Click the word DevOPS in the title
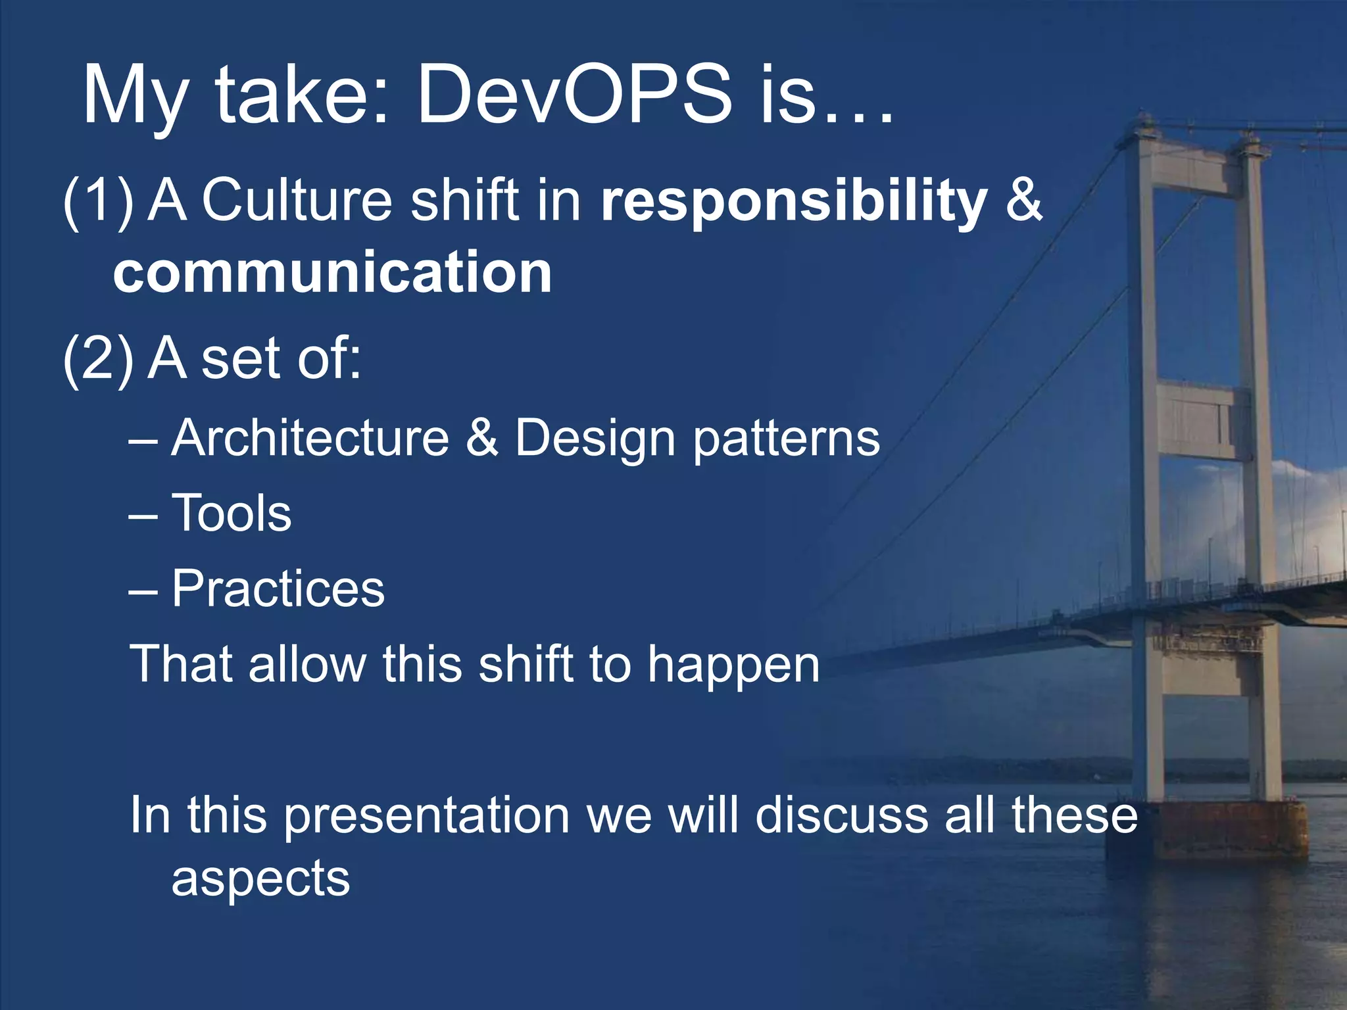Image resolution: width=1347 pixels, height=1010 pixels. coord(574,95)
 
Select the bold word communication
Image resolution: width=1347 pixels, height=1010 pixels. coord(332,272)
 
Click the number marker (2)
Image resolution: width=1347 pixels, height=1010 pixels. coord(99,358)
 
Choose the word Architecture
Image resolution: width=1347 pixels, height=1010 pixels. coord(310,438)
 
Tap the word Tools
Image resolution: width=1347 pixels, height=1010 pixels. coord(232,513)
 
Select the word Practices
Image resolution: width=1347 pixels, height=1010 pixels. coord(278,589)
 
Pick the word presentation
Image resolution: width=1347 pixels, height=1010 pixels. coord(427,815)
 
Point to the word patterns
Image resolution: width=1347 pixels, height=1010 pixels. coord(787,439)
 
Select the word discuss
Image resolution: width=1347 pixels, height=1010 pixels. coord(843,815)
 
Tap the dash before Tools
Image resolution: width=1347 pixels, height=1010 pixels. coord(143,514)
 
